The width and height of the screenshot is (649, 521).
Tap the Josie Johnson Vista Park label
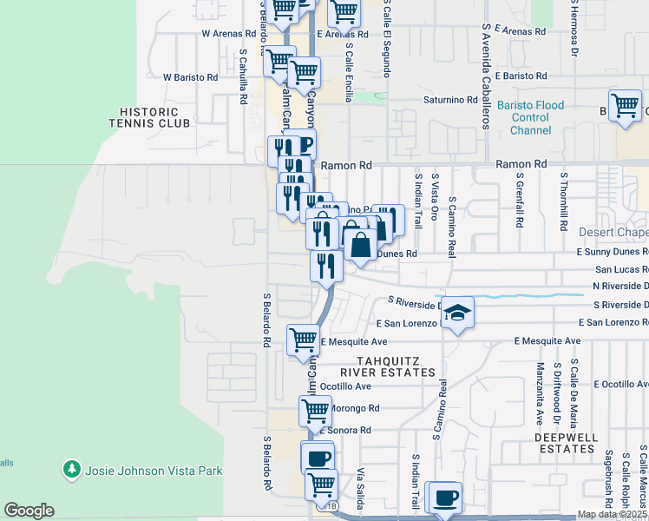[154, 472]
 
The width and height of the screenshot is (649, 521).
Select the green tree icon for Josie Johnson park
[72, 471]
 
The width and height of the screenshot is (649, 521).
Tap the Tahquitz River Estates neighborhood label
[387, 366]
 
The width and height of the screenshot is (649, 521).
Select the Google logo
[29, 511]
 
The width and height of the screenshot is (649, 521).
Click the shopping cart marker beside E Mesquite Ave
[303, 340]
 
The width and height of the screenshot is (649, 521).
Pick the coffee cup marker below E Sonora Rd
[317, 457]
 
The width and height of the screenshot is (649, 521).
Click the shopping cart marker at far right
[625, 106]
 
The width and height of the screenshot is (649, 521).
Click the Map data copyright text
[612, 514]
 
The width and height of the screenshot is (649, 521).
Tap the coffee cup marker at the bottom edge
[445, 498]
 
